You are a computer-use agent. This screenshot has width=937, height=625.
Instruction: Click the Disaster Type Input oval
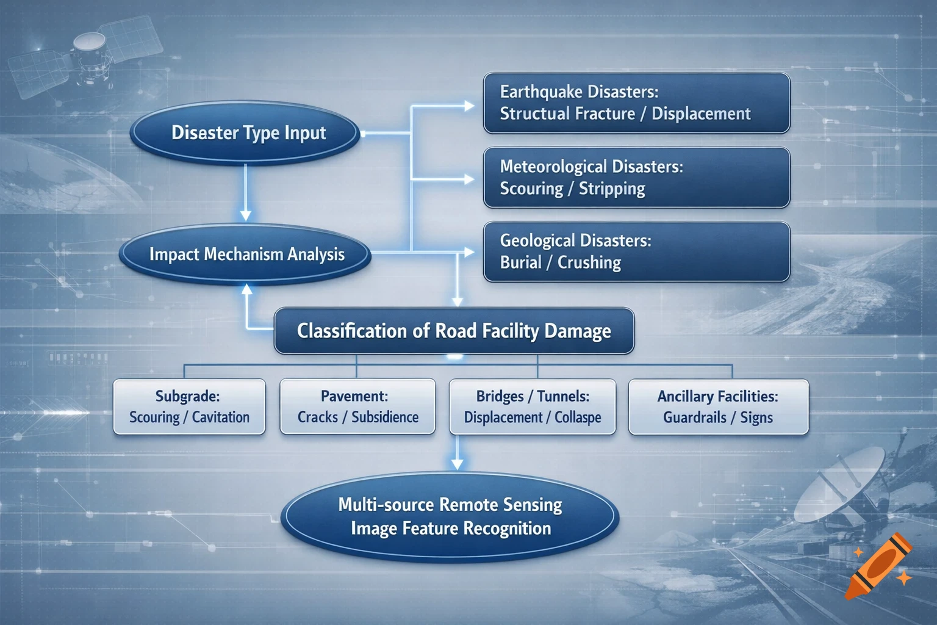(245, 133)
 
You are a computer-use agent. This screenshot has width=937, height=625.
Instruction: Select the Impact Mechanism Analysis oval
(245, 254)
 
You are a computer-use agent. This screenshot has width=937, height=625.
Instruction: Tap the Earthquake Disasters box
(636, 103)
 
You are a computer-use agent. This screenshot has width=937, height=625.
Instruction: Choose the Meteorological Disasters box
(636, 178)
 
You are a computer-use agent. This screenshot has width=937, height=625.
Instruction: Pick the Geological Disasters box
(636, 251)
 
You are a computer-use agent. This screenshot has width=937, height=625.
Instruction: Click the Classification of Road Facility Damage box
(454, 331)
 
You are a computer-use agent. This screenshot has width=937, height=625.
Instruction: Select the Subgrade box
(189, 406)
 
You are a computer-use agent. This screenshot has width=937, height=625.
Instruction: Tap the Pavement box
(357, 406)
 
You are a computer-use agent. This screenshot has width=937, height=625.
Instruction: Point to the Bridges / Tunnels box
(533, 406)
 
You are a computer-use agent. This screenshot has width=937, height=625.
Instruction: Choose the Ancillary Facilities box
(718, 406)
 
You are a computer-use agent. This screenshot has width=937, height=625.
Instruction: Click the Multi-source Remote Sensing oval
(450, 516)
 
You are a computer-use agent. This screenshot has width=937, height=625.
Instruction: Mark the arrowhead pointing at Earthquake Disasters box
(469, 106)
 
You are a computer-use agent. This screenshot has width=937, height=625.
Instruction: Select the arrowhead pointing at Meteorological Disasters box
(469, 179)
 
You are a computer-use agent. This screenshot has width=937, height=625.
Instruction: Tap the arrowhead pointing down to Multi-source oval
(457, 464)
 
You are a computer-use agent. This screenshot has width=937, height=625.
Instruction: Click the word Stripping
(612, 189)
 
